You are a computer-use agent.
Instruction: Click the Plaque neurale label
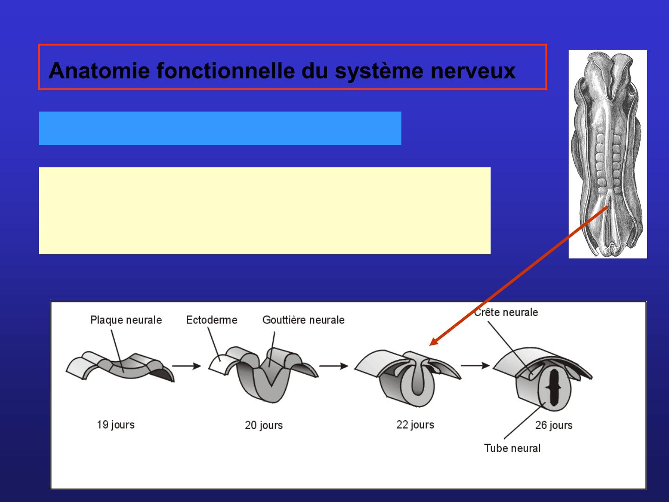click(x=126, y=320)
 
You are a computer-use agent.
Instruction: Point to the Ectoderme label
click(x=211, y=320)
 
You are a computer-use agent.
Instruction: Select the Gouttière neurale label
click(x=303, y=320)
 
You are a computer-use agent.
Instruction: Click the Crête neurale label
click(x=506, y=312)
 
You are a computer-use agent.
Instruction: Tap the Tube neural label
click(x=512, y=449)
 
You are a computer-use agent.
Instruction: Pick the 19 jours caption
click(x=116, y=425)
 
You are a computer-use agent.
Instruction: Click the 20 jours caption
click(x=263, y=425)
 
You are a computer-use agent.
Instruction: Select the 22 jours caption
click(x=415, y=425)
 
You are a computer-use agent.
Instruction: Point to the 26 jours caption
click(x=554, y=425)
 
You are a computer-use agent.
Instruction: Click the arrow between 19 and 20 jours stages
click(x=190, y=366)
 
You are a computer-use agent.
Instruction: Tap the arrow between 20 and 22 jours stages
click(x=334, y=366)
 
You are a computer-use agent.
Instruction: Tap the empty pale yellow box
click(x=264, y=211)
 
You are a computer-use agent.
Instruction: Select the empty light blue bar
click(x=220, y=128)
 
